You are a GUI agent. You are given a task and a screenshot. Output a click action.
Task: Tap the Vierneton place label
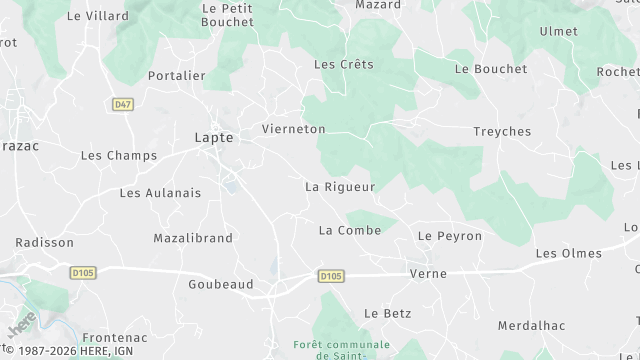pyautogui.click(x=293, y=129)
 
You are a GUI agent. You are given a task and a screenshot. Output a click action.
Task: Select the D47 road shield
pyautogui.click(x=122, y=104)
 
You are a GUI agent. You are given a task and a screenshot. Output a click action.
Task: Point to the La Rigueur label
pyautogui.click(x=339, y=187)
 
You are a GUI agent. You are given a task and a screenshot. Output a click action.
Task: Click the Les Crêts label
pyautogui.click(x=343, y=64)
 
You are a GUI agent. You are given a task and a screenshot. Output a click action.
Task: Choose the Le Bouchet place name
pyautogui.click(x=490, y=69)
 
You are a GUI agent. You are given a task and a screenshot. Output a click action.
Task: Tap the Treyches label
pyautogui.click(x=501, y=132)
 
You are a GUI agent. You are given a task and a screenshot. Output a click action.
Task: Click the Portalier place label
pyautogui.click(x=176, y=75)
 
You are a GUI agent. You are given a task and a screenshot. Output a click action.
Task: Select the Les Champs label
pyautogui.click(x=118, y=156)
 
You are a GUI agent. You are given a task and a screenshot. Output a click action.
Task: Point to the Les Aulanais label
pyautogui.click(x=160, y=193)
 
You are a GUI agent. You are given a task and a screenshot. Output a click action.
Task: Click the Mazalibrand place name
pyautogui.click(x=193, y=238)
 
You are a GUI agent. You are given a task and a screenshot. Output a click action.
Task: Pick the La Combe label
pyautogui.click(x=349, y=231)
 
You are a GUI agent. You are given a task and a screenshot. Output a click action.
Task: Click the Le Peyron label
pyautogui.click(x=450, y=236)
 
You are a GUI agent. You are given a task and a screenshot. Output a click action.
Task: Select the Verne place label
pyautogui.click(x=428, y=273)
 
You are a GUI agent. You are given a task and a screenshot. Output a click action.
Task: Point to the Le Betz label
pyautogui.click(x=387, y=313)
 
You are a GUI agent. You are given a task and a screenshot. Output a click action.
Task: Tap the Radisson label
pyautogui.click(x=45, y=243)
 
